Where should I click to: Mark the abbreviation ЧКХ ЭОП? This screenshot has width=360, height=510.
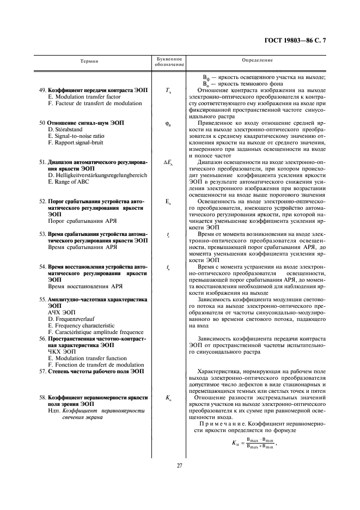(x=63, y=352)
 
